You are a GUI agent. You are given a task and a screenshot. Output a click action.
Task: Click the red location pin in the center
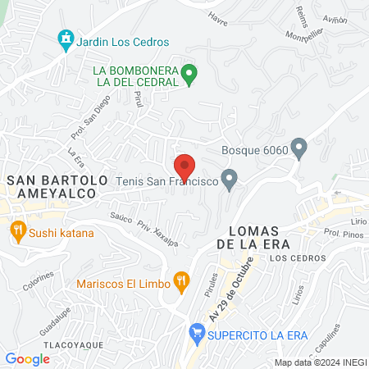(x=184, y=166)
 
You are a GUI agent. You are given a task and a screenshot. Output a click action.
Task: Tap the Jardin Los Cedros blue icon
(x=65, y=39)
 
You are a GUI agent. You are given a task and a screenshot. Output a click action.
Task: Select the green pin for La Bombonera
(x=189, y=75)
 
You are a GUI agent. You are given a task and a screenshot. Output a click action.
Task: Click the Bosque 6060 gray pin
(x=298, y=148)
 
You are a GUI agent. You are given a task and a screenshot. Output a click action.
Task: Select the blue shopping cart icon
(x=196, y=333)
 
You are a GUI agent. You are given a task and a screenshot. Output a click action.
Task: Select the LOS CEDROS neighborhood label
(x=290, y=258)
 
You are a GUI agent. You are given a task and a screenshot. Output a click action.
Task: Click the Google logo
(x=27, y=358)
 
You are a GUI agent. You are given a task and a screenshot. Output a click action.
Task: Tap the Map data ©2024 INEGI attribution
(x=320, y=362)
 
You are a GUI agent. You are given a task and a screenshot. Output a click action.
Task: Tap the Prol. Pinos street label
(x=342, y=238)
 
